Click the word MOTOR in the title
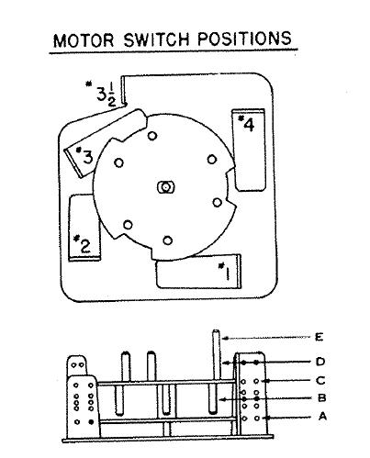pyautogui.click(x=84, y=40)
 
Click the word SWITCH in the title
pyautogui.click(x=156, y=39)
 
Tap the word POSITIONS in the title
pyautogui.click(x=244, y=39)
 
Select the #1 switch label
pyautogui.click(x=225, y=271)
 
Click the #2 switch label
pyautogui.click(x=83, y=244)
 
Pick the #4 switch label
pyautogui.click(x=246, y=123)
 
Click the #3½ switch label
pyautogui.click(x=102, y=93)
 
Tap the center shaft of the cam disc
pyautogui.click(x=165, y=186)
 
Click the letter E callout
pyautogui.click(x=319, y=337)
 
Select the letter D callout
pyautogui.click(x=320, y=362)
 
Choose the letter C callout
pyautogui.click(x=320, y=381)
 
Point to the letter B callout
pyautogui.click(x=321, y=398)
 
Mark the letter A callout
pyautogui.click(x=322, y=417)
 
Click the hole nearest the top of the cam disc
pyautogui.click(x=152, y=136)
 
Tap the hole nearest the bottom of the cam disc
pyautogui.click(x=167, y=240)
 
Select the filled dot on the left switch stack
pyautogui.click(x=91, y=421)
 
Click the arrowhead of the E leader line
pyautogui.click(x=225, y=338)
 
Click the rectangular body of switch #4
pyautogui.click(x=249, y=150)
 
